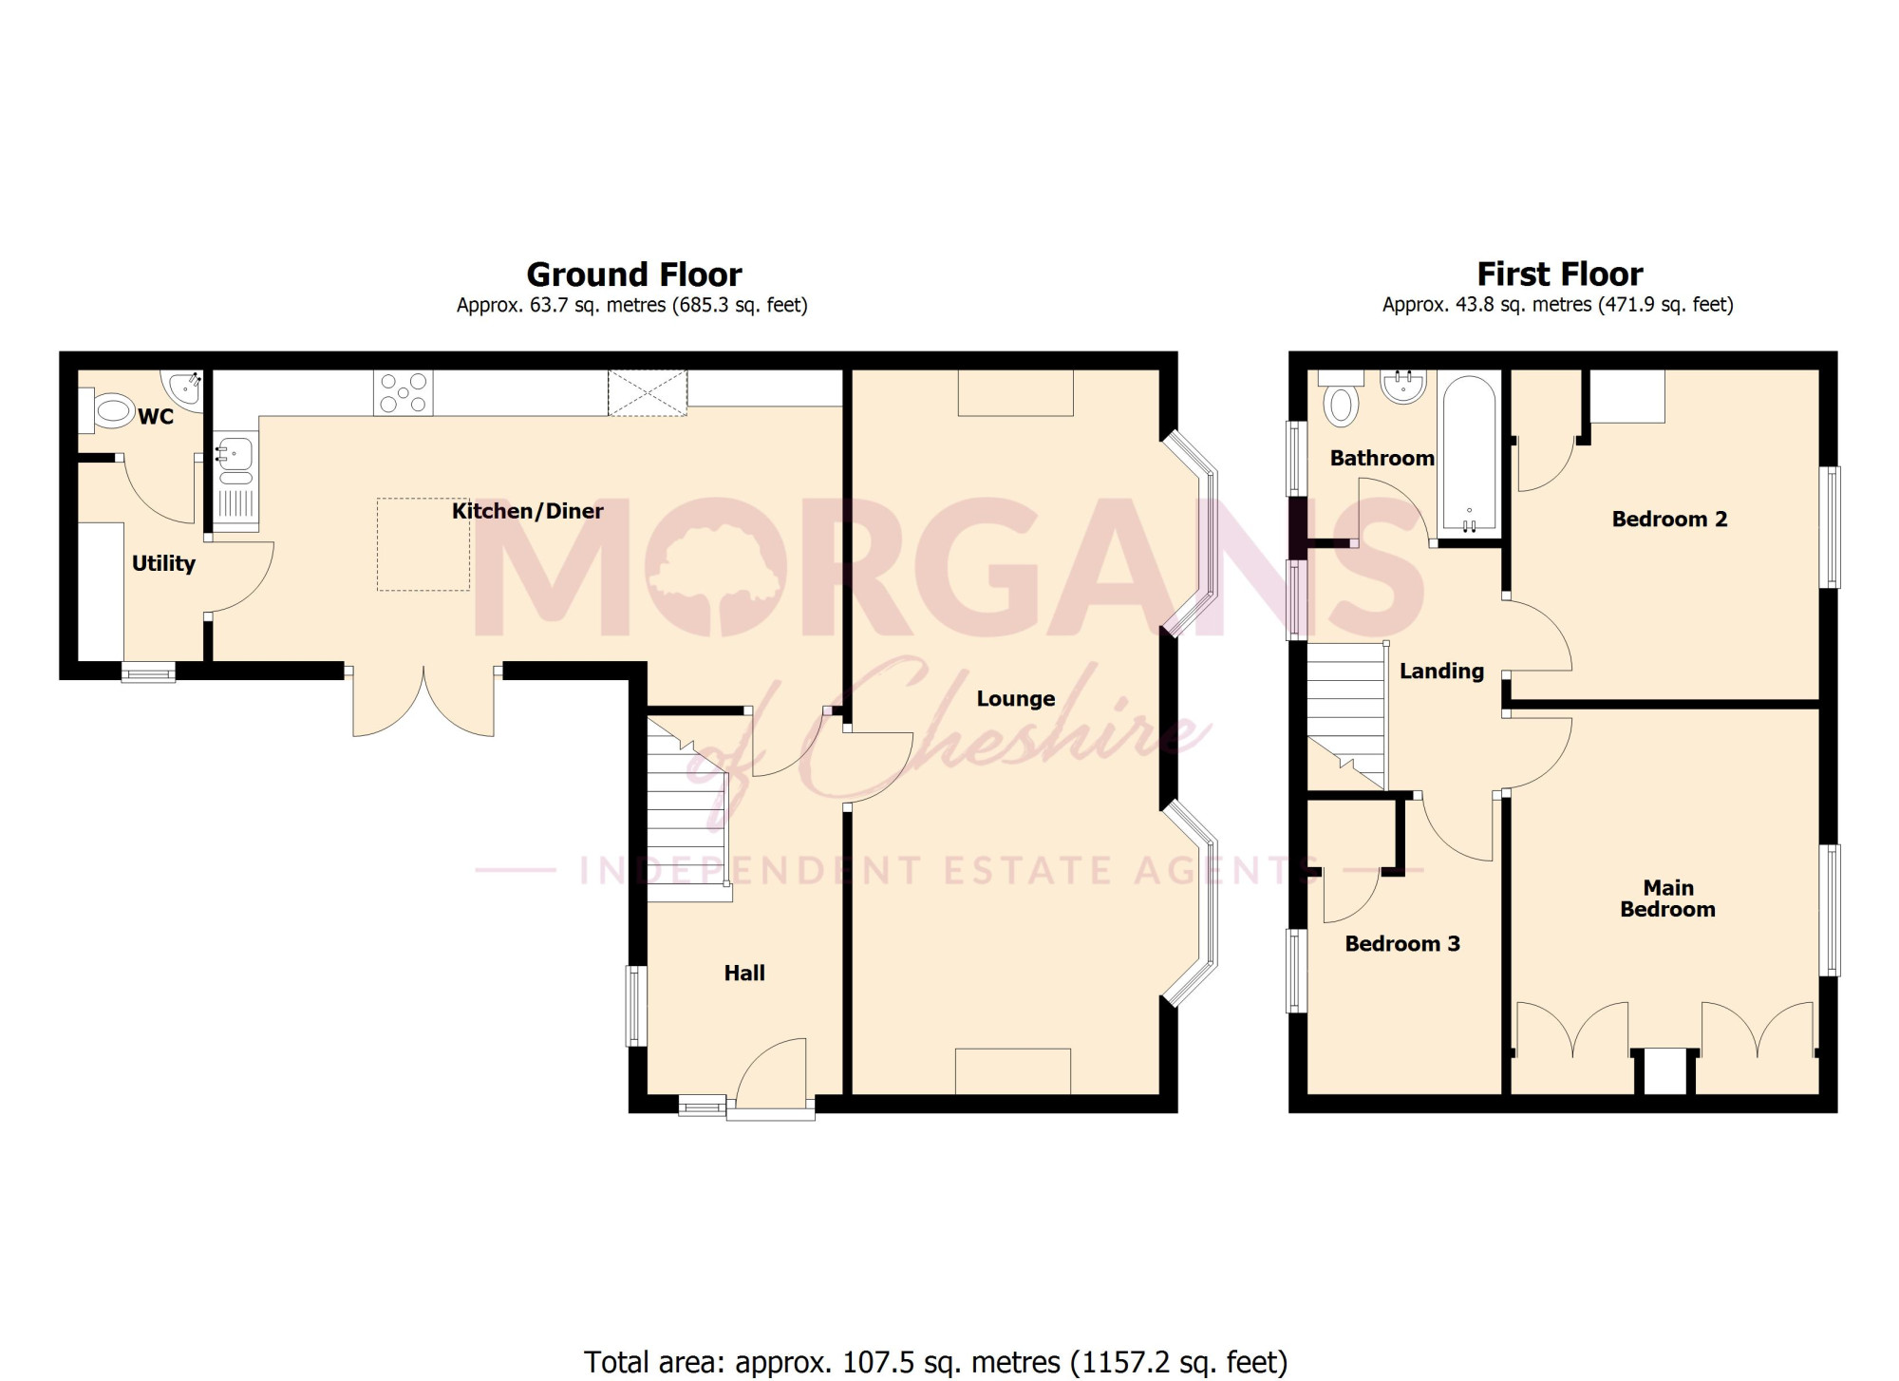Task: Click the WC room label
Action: (x=156, y=417)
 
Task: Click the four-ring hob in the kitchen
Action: (x=404, y=392)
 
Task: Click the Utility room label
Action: (x=163, y=563)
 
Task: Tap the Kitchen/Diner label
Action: (x=527, y=511)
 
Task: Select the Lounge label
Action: (x=1016, y=699)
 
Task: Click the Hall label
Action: (x=744, y=973)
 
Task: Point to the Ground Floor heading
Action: (x=634, y=274)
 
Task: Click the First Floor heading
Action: (x=1559, y=274)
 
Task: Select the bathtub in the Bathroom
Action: (x=1470, y=452)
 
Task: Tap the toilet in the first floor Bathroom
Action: (x=1341, y=400)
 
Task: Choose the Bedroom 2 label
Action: (x=1669, y=519)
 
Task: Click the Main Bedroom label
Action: (x=1667, y=899)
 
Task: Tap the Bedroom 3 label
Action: (x=1402, y=943)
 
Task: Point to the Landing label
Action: (x=1441, y=671)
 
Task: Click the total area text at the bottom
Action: (x=935, y=1362)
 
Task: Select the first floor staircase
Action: (x=1346, y=716)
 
